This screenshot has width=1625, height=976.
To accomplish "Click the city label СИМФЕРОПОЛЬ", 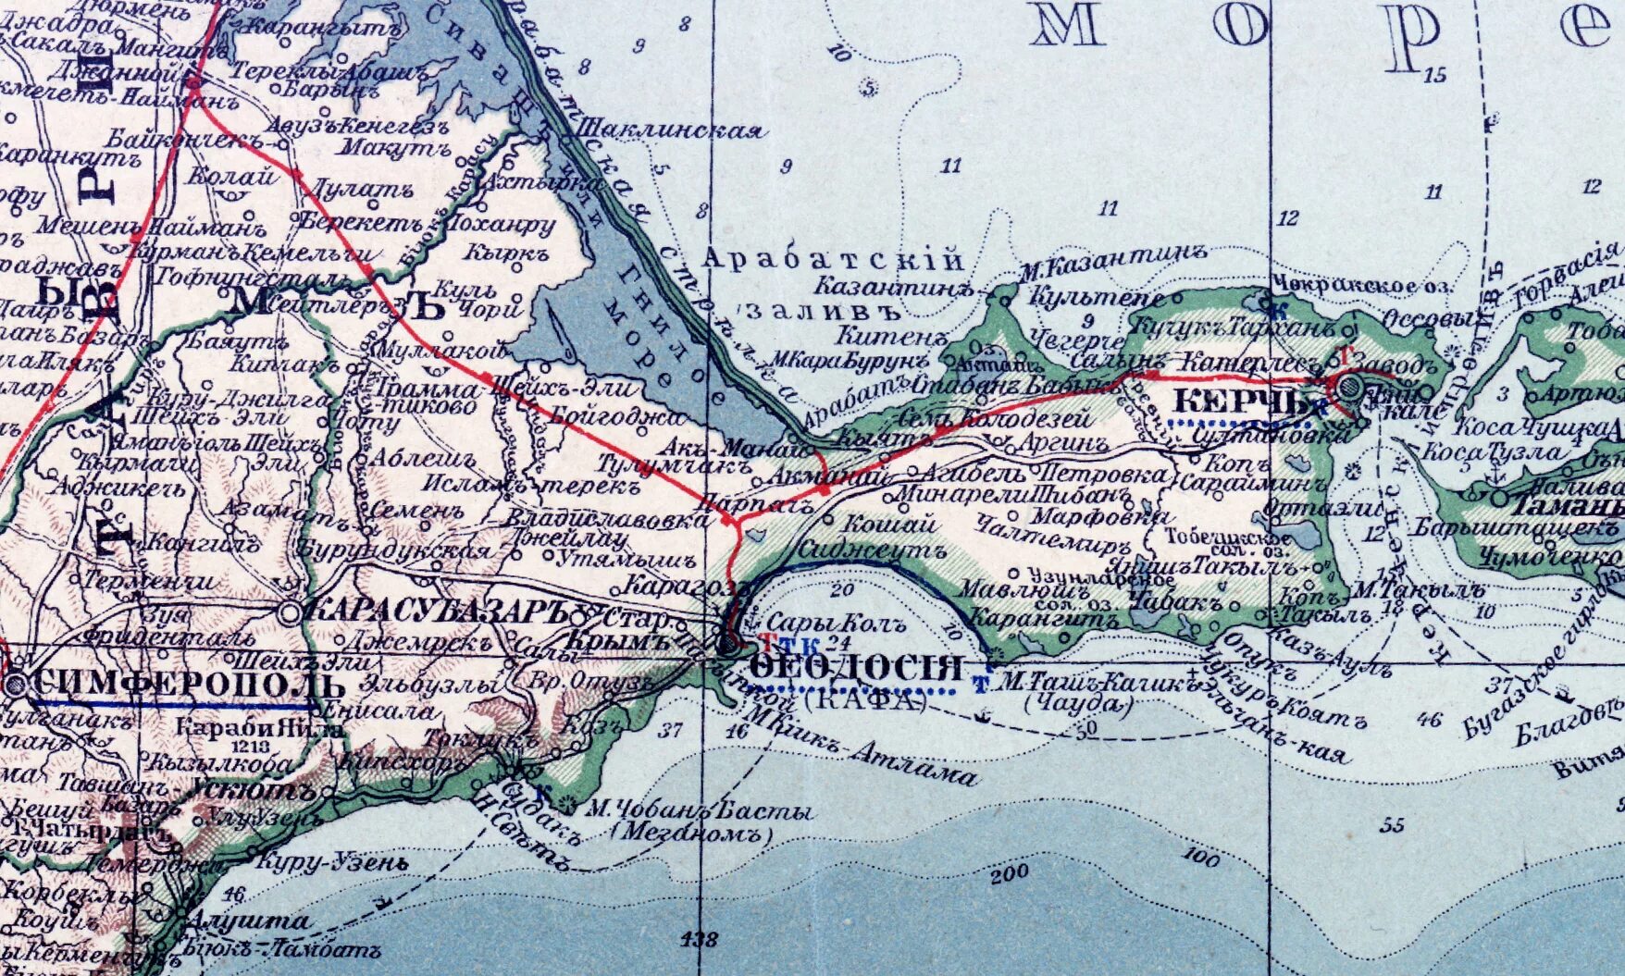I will [x=189, y=686].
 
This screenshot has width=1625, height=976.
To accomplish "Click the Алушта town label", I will [x=248, y=921].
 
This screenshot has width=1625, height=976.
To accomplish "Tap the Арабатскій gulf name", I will [x=833, y=260].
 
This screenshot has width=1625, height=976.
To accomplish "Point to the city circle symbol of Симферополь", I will [x=16, y=686].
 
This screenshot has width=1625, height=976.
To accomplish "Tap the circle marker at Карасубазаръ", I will [x=291, y=612].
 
